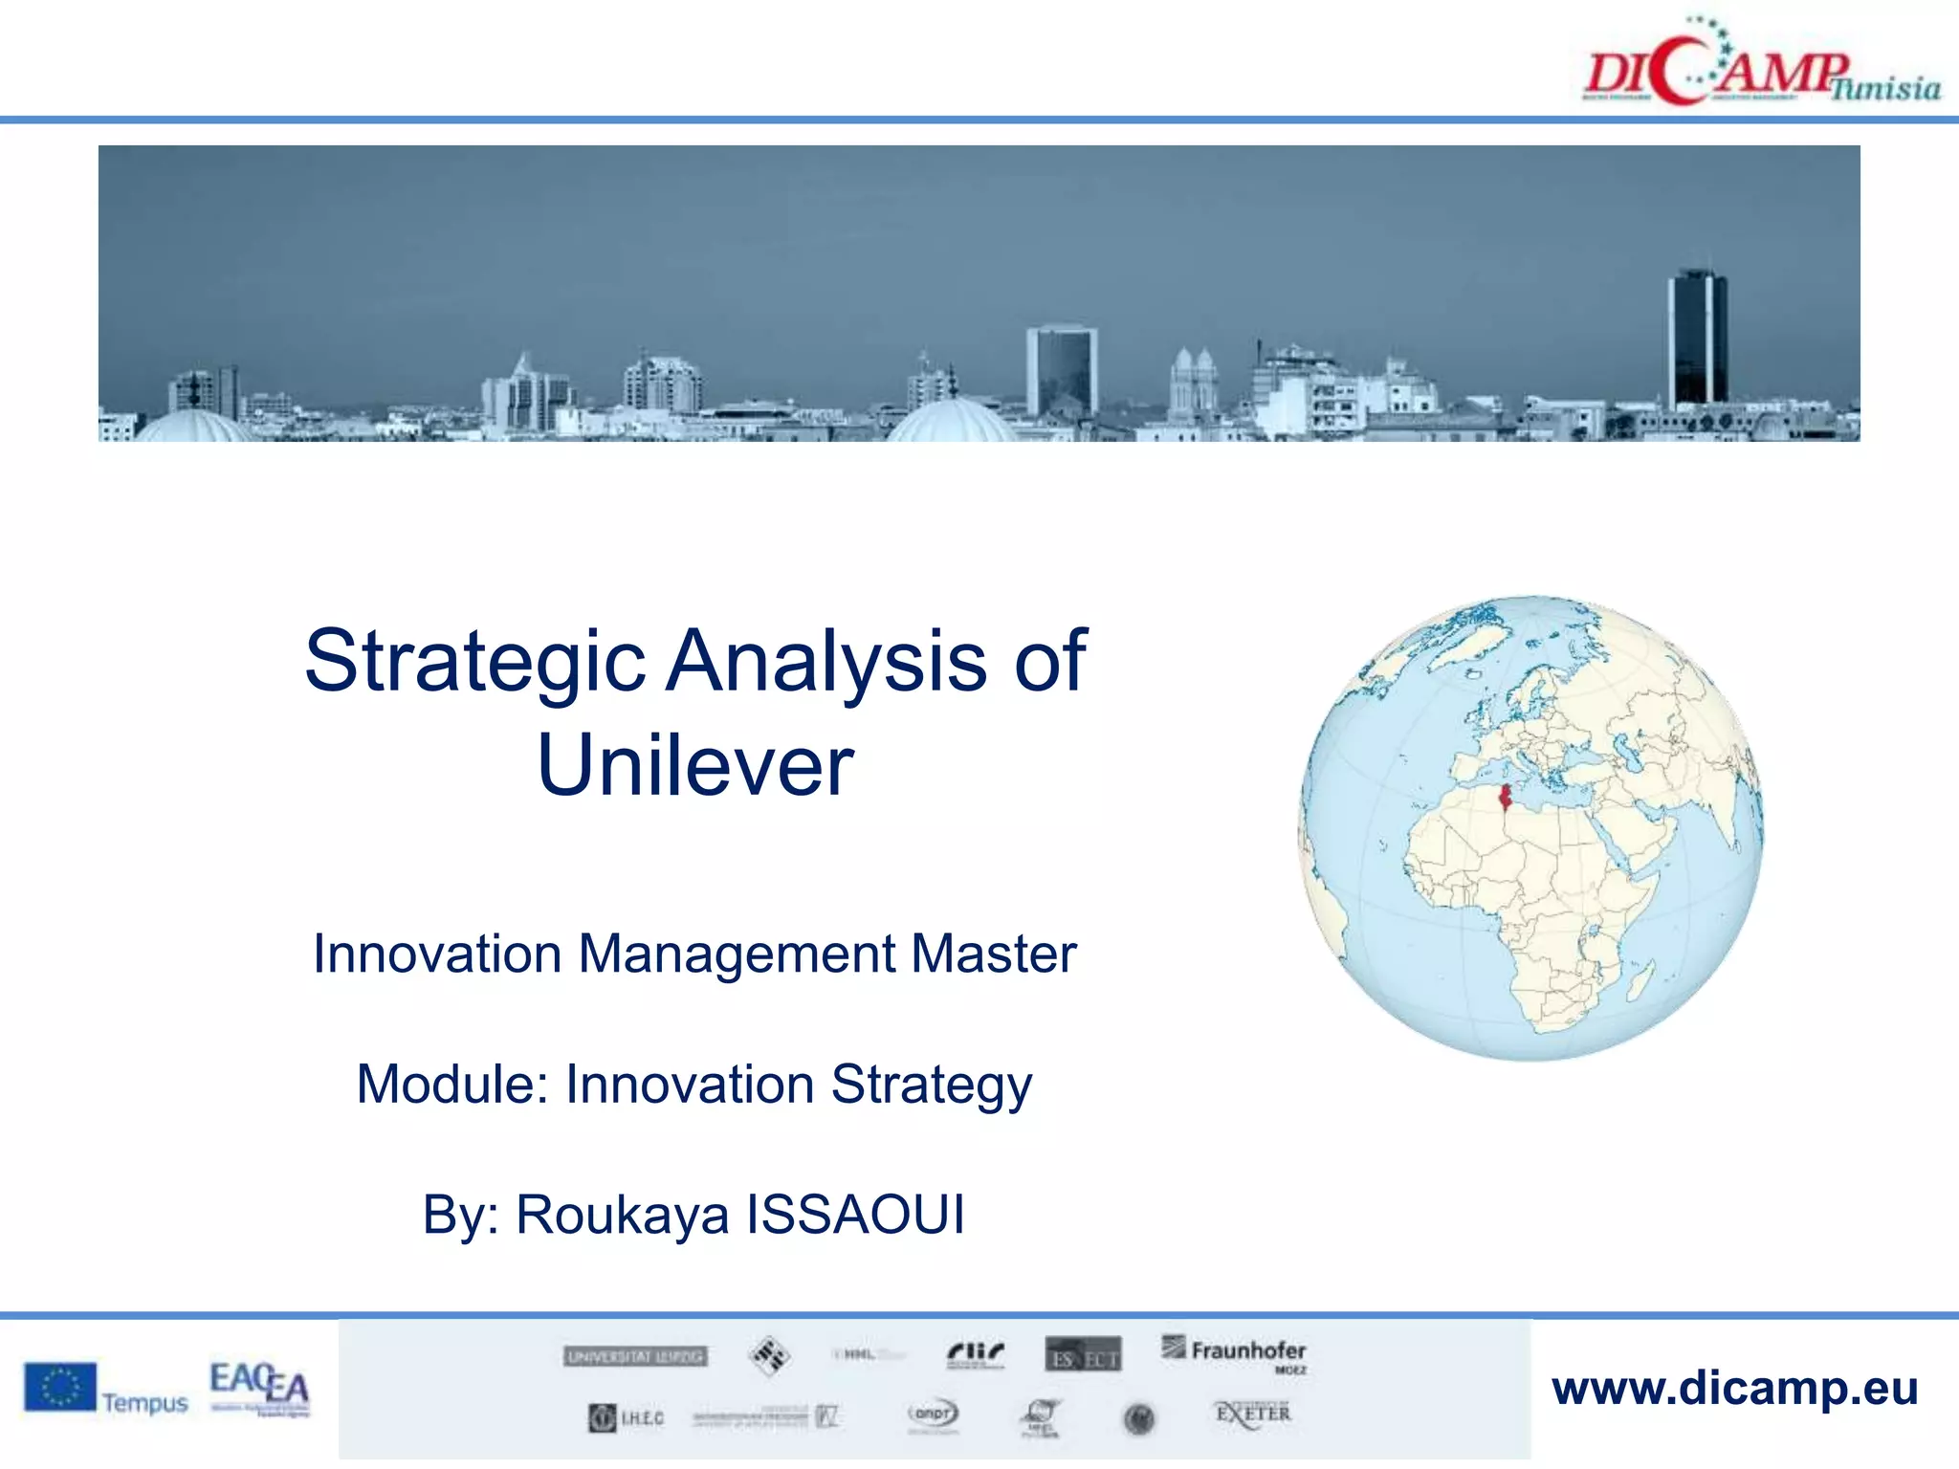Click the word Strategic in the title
[475, 662]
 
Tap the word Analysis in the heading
[826, 662]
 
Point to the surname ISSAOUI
[855, 1216]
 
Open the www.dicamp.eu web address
[1734, 1389]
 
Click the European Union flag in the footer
[60, 1388]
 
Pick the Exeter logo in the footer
[1252, 1414]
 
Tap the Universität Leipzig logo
[635, 1356]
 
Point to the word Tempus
[145, 1403]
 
